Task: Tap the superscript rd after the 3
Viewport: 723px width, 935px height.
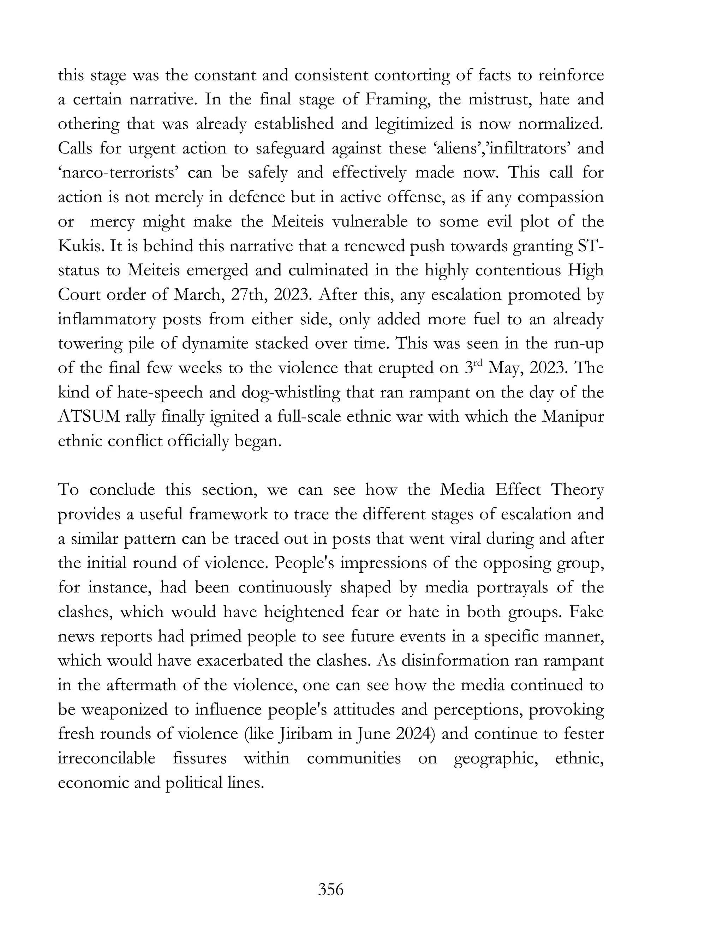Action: click(x=478, y=364)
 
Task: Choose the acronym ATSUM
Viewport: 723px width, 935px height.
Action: click(x=89, y=417)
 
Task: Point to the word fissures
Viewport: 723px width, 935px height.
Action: click(x=199, y=758)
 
